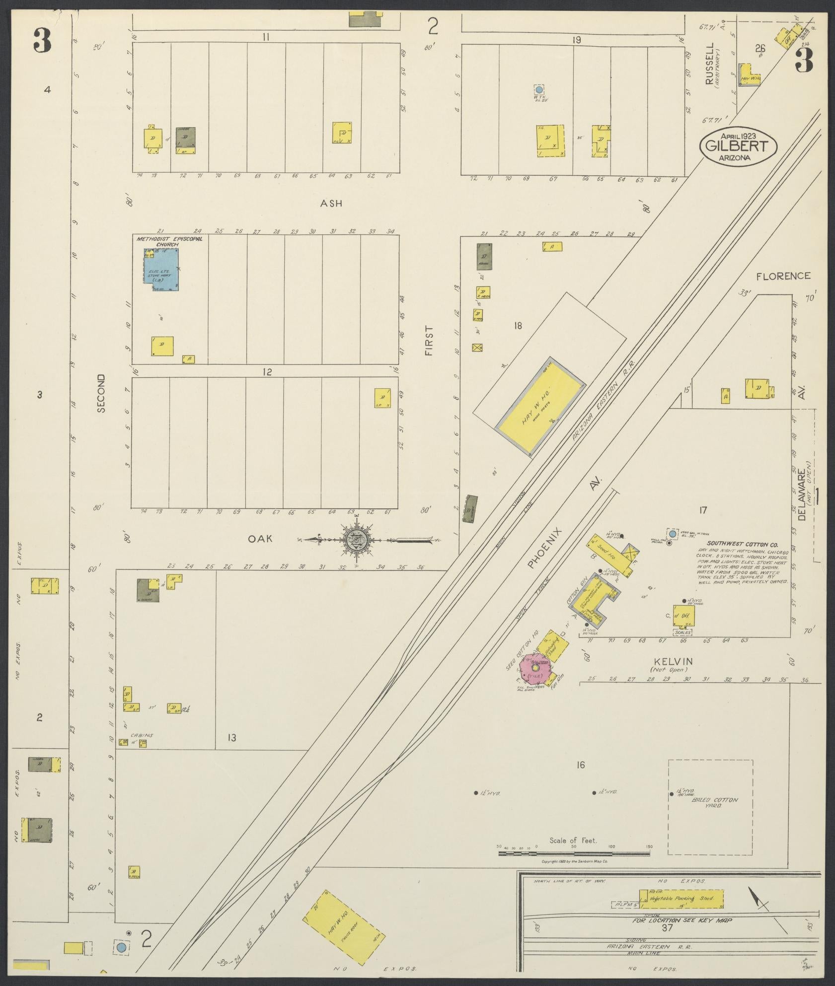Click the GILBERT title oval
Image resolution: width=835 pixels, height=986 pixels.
737,145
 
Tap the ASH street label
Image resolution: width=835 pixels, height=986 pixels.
331,203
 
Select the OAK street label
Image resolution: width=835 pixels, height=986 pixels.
261,538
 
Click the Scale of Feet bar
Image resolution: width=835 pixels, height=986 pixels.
574,853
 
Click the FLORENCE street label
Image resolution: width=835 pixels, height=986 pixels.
783,276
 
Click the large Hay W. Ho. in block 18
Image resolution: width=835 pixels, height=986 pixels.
540,406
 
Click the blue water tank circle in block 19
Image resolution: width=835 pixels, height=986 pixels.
539,90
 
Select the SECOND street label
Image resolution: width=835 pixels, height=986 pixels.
101,393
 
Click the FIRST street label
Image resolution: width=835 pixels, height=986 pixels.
429,341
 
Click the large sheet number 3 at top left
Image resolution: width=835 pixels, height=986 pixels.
43,40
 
